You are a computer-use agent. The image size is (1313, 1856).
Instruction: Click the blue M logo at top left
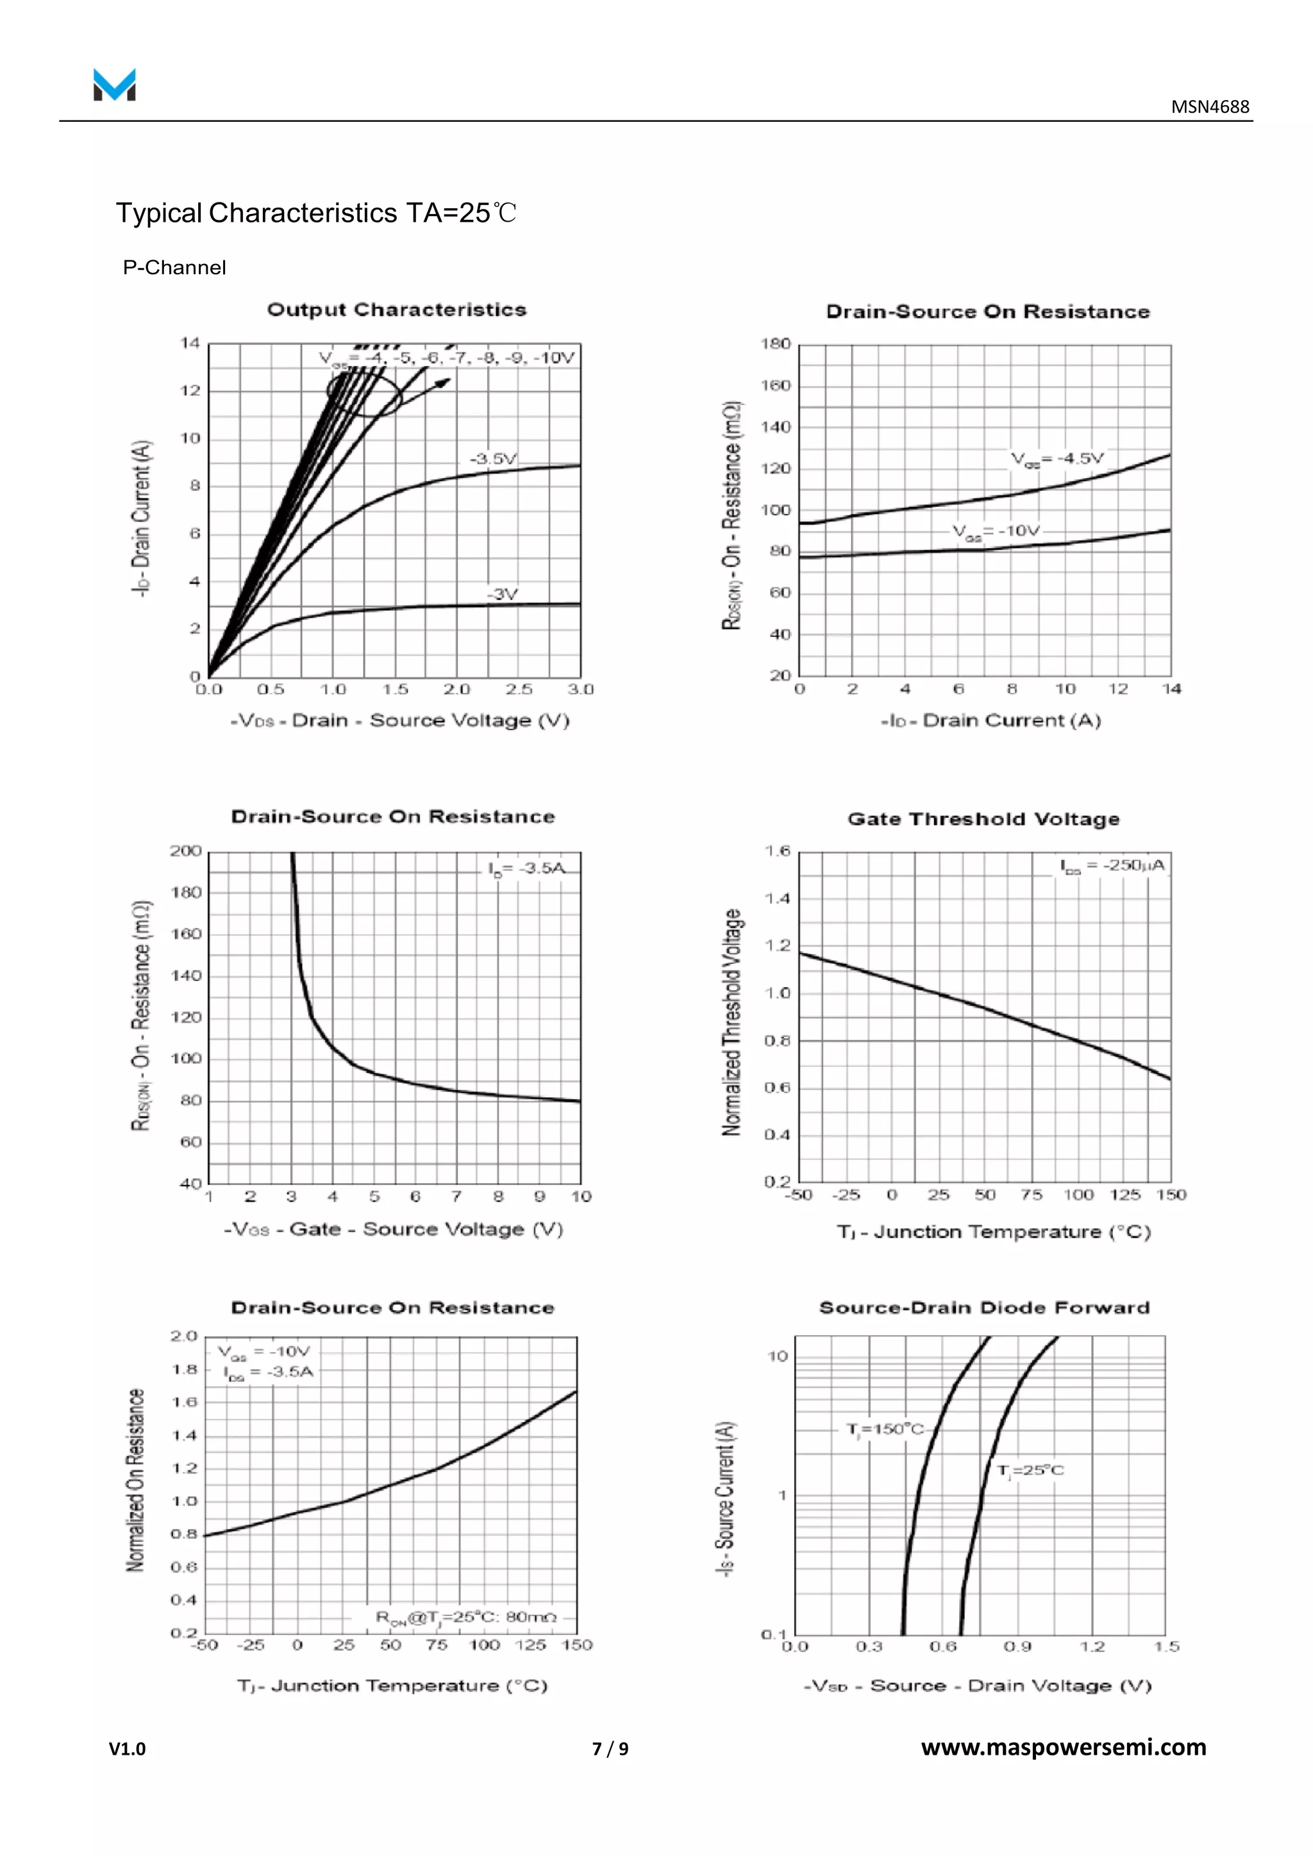pos(114,85)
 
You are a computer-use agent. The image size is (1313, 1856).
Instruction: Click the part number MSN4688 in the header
pos(1210,106)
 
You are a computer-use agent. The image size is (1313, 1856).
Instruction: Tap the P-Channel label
pos(174,267)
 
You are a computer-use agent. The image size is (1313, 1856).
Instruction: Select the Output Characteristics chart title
pos(396,310)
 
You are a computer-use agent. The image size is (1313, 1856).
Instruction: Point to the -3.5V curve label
pos(493,458)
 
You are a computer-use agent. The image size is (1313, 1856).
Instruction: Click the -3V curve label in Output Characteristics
pos(502,594)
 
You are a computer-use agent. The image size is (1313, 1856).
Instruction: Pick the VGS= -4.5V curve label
pos(1057,458)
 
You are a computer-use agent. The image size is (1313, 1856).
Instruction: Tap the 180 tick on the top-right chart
pos(774,344)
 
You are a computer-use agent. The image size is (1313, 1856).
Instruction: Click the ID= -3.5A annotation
pos(526,868)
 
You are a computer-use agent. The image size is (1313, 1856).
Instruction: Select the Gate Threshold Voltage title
pos(983,819)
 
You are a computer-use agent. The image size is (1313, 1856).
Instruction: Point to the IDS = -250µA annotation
pos(1112,866)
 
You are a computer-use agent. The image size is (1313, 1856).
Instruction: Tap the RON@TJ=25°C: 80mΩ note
pos(467,1617)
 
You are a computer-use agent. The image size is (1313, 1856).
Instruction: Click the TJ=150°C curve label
pos(885,1429)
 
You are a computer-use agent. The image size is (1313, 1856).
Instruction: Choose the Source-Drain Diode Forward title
pos(984,1308)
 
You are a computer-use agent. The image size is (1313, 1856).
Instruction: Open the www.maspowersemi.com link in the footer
pos(1063,1748)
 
